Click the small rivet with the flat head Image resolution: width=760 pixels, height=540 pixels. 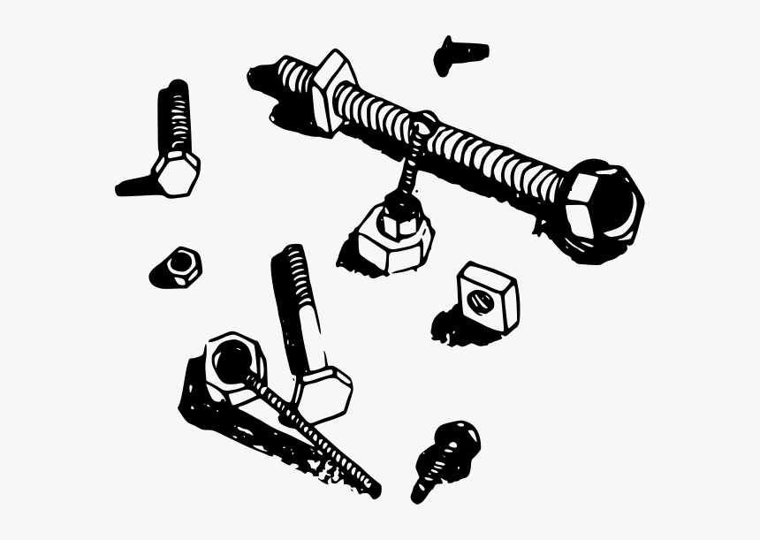460,53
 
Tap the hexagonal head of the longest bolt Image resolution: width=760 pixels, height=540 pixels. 603,201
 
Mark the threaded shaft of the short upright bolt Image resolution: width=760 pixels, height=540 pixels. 175,116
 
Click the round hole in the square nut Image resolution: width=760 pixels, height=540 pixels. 482,300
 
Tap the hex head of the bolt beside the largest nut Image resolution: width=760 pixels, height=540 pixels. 322,392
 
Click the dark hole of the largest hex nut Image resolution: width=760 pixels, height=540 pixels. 232,361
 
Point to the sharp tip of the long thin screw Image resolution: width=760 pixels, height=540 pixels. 375,490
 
